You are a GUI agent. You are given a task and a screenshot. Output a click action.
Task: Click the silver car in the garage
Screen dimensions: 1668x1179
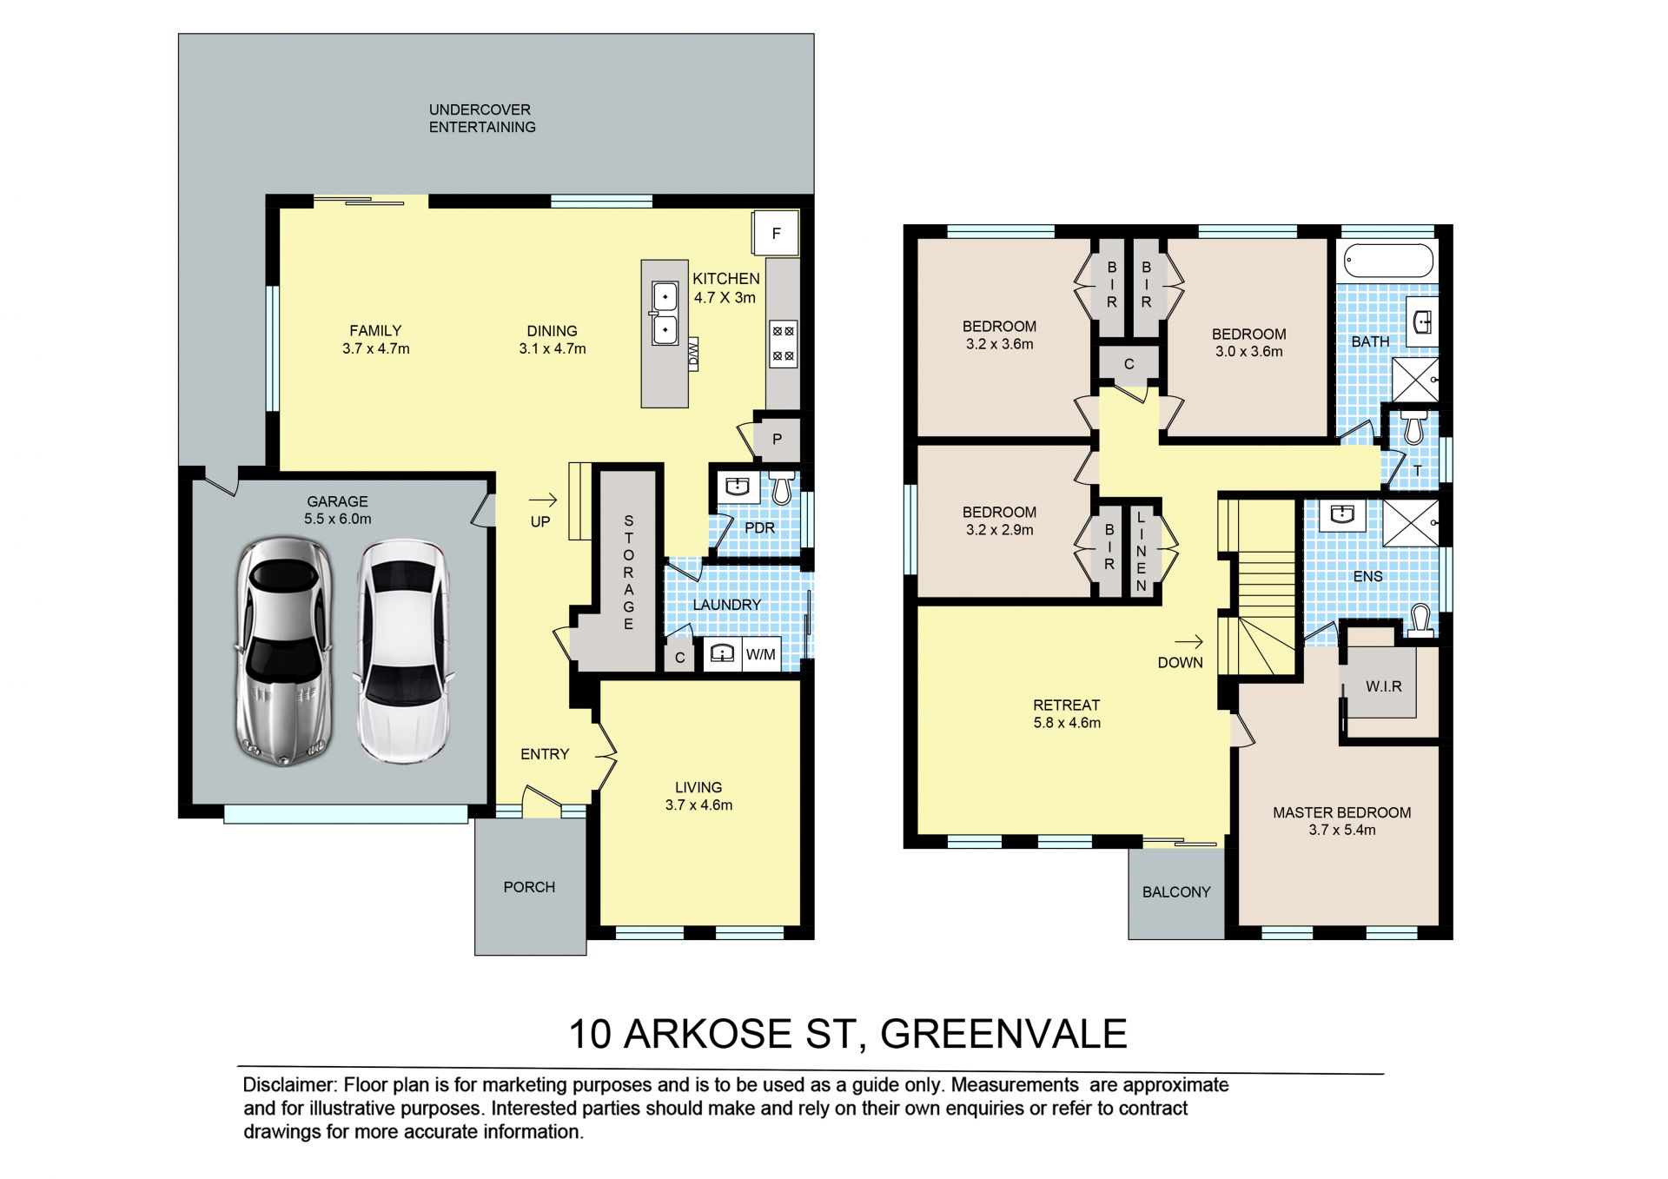(283, 652)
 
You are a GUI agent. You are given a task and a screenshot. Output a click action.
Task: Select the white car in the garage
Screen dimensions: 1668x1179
(404, 652)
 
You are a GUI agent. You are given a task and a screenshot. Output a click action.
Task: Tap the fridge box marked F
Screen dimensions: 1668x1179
(776, 233)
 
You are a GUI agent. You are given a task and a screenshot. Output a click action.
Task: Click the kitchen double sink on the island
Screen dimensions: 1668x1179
(665, 313)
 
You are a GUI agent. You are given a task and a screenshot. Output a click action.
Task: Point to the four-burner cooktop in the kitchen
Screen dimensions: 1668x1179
(783, 343)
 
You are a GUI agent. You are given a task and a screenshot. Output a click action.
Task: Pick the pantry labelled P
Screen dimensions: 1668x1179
(777, 439)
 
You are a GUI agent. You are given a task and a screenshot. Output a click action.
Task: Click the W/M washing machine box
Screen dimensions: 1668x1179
(761, 654)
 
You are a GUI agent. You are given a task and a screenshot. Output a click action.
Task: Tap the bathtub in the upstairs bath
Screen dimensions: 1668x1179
(1388, 260)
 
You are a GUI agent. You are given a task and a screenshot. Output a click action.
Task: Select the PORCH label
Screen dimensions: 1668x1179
(529, 887)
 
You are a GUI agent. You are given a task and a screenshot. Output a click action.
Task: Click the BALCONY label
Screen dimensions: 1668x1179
(1176, 892)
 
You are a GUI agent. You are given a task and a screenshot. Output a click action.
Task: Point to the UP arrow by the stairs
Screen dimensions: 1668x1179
(543, 500)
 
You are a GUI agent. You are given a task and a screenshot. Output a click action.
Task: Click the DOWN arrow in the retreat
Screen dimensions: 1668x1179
(1189, 642)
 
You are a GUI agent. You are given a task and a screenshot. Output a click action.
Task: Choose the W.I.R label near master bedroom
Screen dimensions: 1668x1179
(1384, 686)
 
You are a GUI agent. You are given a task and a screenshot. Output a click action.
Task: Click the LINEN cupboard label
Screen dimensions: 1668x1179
(1142, 552)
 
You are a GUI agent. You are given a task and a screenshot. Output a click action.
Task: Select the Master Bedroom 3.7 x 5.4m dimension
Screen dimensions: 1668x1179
(1342, 830)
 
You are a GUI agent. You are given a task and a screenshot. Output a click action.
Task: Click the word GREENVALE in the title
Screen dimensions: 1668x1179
(1003, 1034)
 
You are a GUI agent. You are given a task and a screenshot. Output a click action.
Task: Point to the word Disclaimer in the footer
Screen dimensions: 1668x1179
(289, 1085)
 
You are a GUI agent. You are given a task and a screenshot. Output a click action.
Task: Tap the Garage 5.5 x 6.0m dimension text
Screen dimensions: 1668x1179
(338, 519)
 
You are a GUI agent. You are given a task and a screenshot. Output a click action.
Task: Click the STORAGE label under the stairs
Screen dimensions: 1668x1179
(628, 573)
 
